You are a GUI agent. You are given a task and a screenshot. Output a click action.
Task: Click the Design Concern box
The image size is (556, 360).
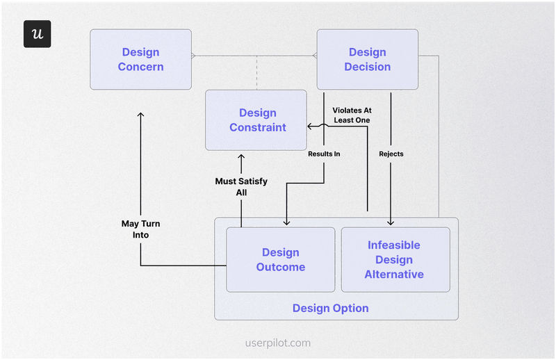140,59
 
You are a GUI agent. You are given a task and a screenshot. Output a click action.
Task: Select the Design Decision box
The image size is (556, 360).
367,59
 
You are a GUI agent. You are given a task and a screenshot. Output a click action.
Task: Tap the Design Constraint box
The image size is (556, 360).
256,120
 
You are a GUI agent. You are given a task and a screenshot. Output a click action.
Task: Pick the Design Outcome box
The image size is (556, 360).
280,259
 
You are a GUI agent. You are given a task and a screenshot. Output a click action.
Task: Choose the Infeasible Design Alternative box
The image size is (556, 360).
395,259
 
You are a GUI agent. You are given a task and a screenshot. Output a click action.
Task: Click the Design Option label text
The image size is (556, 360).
330,308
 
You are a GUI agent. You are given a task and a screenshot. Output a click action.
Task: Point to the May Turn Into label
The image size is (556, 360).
140,229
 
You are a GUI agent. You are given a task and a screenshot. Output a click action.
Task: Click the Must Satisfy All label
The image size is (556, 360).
241,186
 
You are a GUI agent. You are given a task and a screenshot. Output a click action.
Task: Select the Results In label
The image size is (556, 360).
324,154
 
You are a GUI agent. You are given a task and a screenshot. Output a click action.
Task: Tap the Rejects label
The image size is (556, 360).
391,154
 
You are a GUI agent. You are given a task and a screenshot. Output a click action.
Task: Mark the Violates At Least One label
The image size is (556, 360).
351,115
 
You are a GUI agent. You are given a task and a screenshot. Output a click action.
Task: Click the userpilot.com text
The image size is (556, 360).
278,343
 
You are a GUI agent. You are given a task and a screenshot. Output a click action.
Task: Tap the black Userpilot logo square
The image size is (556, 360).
37,34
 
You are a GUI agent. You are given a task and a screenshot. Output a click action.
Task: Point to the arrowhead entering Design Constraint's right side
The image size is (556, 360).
311,126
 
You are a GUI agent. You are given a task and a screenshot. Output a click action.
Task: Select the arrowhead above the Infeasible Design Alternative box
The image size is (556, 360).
391,222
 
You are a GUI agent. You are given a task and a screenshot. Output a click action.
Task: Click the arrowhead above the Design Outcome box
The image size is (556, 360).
286,222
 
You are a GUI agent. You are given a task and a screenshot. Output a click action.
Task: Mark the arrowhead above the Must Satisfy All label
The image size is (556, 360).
241,158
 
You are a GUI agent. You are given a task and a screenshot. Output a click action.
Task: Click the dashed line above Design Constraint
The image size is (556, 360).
256,72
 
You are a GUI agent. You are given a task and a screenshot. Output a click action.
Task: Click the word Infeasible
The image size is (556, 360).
394,245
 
